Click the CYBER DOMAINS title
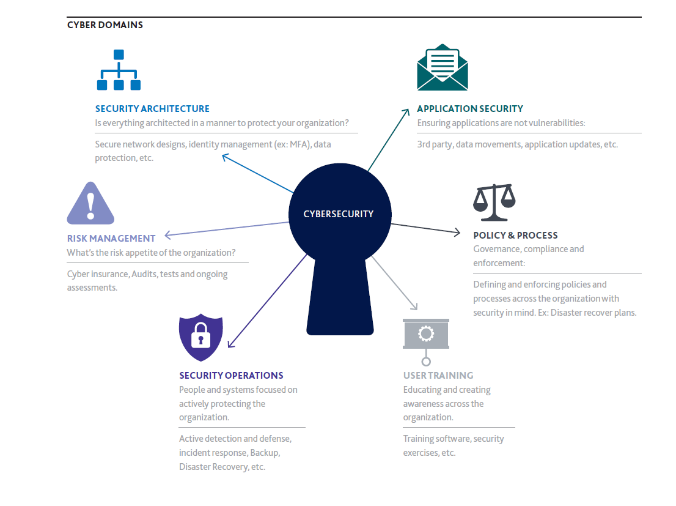(x=105, y=25)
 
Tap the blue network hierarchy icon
(x=119, y=70)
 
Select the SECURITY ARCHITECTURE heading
(x=152, y=109)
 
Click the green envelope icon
(x=443, y=67)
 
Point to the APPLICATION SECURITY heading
(x=470, y=109)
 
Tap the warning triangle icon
(x=90, y=203)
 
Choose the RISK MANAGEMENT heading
(x=111, y=239)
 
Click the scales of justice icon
(x=494, y=203)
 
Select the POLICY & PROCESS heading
(x=515, y=236)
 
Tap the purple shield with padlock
(x=201, y=337)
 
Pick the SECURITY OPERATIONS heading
(x=231, y=376)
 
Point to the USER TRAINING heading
(x=438, y=376)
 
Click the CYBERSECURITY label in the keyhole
(x=339, y=214)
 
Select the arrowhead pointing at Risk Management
(x=168, y=235)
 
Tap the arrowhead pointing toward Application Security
(x=406, y=112)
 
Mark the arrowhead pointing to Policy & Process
(x=457, y=233)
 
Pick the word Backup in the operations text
(x=265, y=453)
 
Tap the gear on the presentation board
(x=426, y=333)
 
